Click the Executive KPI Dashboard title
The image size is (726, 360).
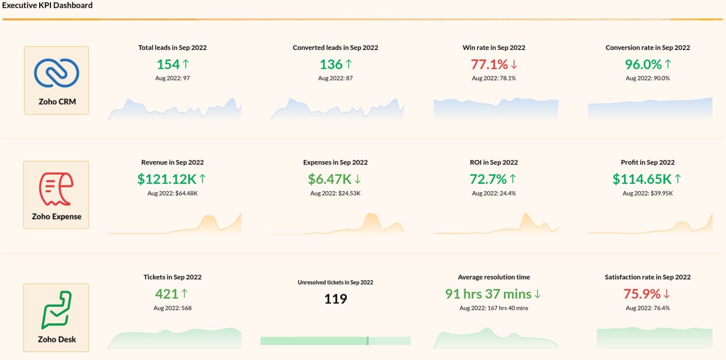[47, 6]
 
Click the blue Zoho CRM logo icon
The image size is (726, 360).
[56, 73]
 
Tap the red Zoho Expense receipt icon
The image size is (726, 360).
[56, 189]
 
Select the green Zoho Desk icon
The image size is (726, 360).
[56, 310]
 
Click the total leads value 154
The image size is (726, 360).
[168, 64]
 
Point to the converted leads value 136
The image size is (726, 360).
[331, 64]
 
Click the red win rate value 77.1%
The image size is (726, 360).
[489, 64]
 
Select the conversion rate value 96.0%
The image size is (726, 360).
[643, 64]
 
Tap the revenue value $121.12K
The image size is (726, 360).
[167, 179]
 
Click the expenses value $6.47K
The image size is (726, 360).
[330, 179]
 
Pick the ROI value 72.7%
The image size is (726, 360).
[488, 179]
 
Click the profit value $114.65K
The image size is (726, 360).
[642, 179]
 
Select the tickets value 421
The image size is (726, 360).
[166, 294]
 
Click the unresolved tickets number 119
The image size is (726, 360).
[336, 299]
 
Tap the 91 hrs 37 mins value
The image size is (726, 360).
[488, 294]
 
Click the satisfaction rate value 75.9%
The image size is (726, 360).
[642, 294]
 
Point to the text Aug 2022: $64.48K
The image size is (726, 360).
[173, 193]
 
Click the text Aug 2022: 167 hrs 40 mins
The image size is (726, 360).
[494, 308]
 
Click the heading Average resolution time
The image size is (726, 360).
[494, 277]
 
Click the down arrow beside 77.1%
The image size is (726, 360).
[514, 64]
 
